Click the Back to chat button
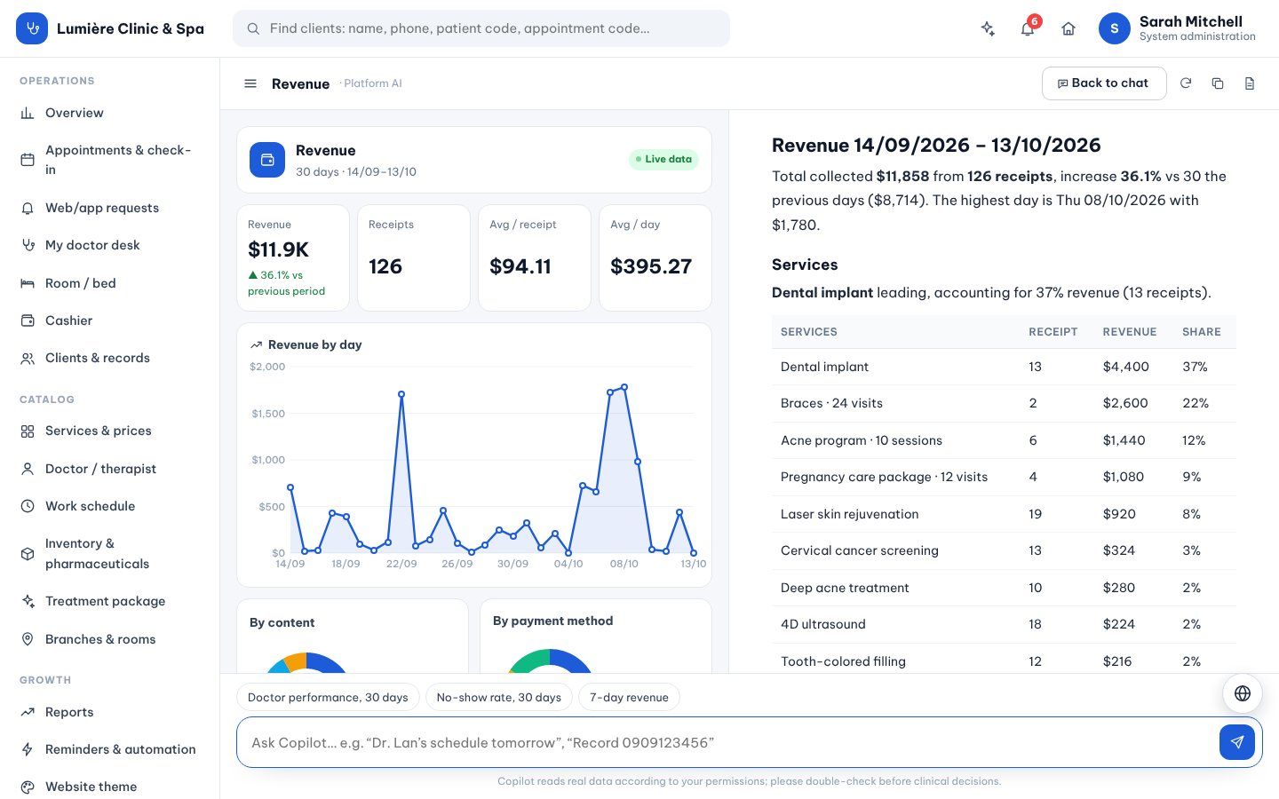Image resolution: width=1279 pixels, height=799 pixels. pos(1104,83)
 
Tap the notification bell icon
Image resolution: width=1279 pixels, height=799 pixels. pos(1027,28)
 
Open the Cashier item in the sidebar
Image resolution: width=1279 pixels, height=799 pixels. pos(68,320)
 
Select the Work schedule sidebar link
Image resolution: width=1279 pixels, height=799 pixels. pos(91,506)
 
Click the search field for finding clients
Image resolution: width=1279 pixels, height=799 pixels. pos(481,28)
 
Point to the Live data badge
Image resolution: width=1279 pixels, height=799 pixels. pos(663,159)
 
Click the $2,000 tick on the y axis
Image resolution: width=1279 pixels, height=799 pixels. pos(267,367)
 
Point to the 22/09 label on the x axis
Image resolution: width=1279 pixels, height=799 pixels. pos(401,564)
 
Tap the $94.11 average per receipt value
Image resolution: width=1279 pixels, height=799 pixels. pos(520,266)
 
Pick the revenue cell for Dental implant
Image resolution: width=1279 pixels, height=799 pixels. pos(1125,367)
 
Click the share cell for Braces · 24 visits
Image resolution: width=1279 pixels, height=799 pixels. pos(1196,403)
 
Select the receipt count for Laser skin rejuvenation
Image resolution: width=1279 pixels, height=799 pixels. pos(1036,514)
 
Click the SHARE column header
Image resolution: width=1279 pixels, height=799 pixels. pos(1202,332)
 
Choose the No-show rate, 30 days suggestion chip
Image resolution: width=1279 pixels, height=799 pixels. pos(498,698)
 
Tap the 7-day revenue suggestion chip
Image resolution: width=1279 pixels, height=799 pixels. pos(629,698)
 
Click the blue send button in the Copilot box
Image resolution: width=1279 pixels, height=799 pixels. pos(1236,742)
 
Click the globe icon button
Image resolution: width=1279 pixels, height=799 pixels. pos(1243,693)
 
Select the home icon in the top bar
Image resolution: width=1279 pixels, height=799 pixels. pos(1068,28)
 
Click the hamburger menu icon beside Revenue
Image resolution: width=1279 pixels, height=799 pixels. pos(250,83)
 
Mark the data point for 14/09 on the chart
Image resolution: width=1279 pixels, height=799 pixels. pos(290,487)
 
